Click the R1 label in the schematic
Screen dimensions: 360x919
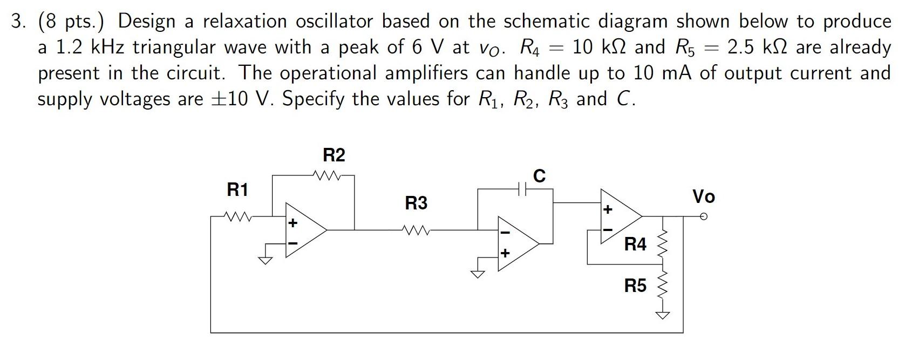[237, 190]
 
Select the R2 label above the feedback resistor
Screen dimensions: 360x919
[333, 155]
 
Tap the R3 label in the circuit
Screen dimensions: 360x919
[416, 203]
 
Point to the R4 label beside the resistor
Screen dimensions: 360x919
[635, 244]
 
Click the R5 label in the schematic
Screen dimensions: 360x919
[635, 286]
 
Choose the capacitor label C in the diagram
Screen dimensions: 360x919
[539, 176]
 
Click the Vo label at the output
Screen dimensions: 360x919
[704, 197]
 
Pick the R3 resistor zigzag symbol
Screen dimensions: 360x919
[416, 230]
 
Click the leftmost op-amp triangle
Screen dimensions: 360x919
[304, 230]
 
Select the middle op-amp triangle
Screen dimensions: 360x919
[517, 243]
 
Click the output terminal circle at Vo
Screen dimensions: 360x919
[703, 216]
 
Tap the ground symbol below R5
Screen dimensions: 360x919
[663, 315]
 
